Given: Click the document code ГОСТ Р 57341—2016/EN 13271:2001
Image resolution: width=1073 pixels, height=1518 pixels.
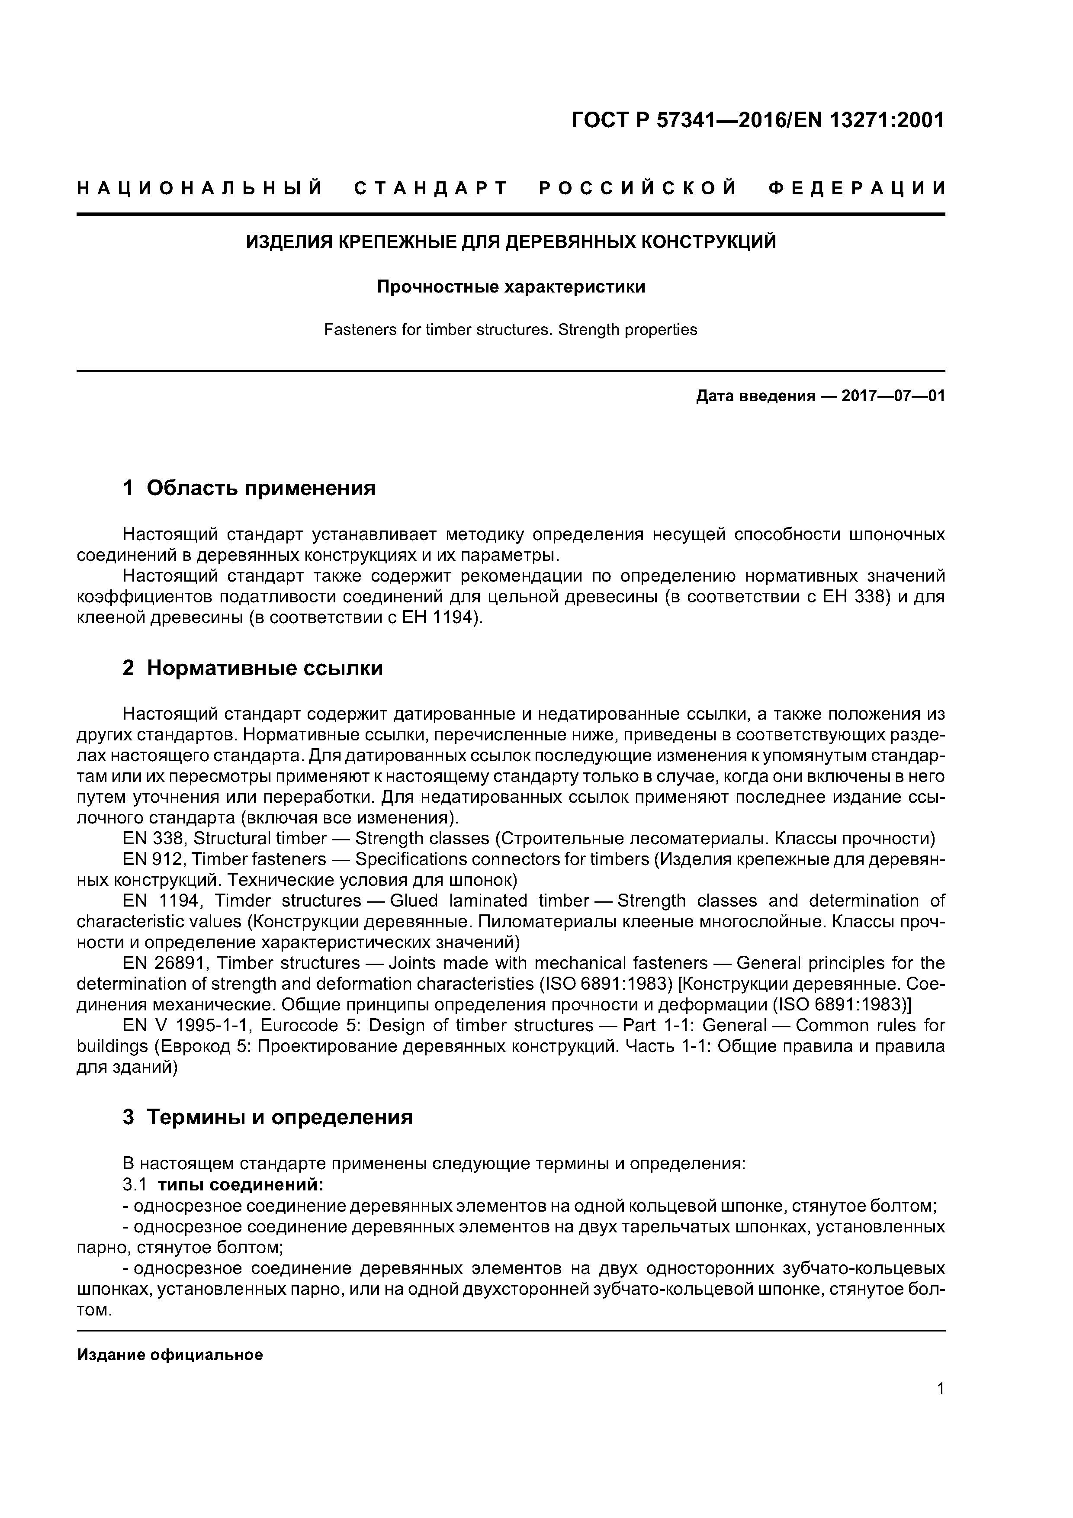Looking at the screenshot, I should [x=757, y=120].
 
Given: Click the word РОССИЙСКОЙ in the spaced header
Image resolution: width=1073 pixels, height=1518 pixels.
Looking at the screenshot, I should [x=638, y=188].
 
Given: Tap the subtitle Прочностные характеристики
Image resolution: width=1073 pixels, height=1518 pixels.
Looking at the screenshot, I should [x=511, y=287].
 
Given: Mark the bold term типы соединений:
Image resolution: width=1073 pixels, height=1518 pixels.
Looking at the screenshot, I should [x=241, y=1184].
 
